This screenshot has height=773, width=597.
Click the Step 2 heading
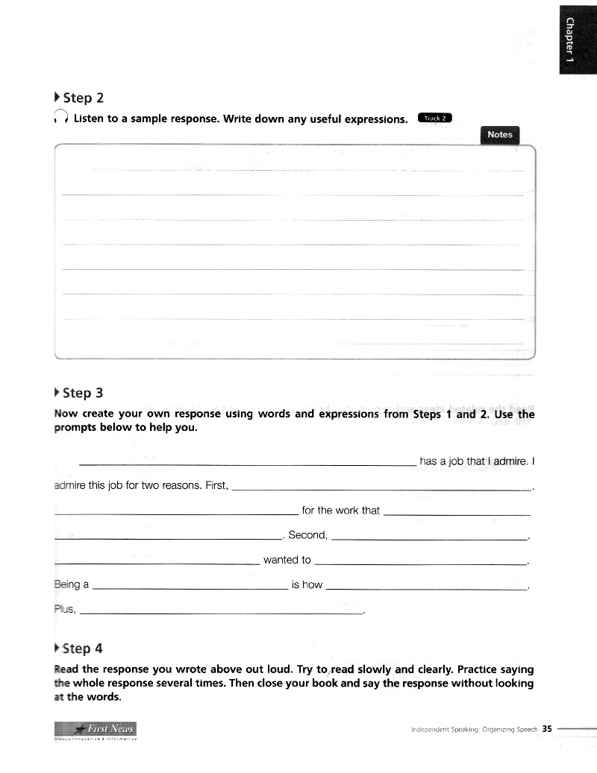click(84, 98)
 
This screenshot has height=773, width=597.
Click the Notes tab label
click(500, 135)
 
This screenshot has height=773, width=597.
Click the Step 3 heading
click(84, 393)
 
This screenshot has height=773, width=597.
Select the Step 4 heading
click(84, 649)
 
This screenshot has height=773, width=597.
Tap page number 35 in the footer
click(547, 729)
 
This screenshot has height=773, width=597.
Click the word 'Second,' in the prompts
click(307, 535)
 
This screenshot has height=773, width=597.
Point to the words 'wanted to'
click(287, 560)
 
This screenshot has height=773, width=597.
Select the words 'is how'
click(307, 584)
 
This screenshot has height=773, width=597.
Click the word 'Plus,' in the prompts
click(66, 609)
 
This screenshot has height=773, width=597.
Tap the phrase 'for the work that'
click(341, 511)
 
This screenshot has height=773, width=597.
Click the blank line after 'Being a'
click(190, 589)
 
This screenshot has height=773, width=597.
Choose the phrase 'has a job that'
click(452, 461)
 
